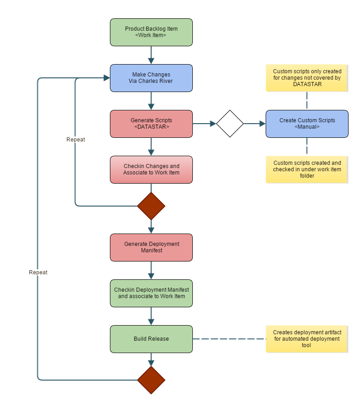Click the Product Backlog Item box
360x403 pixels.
pos(151,32)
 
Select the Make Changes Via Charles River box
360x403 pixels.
pos(151,78)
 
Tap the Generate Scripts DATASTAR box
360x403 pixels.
pos(151,124)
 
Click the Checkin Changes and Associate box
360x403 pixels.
pos(151,169)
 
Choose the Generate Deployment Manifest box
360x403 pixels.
pos(151,247)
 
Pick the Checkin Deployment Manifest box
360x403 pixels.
pos(151,293)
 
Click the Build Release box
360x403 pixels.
pos(151,339)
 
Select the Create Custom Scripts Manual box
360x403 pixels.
pos(307,124)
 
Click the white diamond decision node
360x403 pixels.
pos(230,124)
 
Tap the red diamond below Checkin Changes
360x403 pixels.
pos(151,206)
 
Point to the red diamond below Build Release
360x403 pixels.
pos(151,380)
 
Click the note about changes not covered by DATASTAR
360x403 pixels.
pos(307,78)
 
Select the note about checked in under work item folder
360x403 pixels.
pos(307,169)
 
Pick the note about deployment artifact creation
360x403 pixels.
pos(307,339)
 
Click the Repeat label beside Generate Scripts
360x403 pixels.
pos(76,140)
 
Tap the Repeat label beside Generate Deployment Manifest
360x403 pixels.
pos(38,272)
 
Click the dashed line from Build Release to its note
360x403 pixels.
pos(229,339)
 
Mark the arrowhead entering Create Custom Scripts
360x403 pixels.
pos(262,124)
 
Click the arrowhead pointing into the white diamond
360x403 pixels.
pos(213,124)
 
